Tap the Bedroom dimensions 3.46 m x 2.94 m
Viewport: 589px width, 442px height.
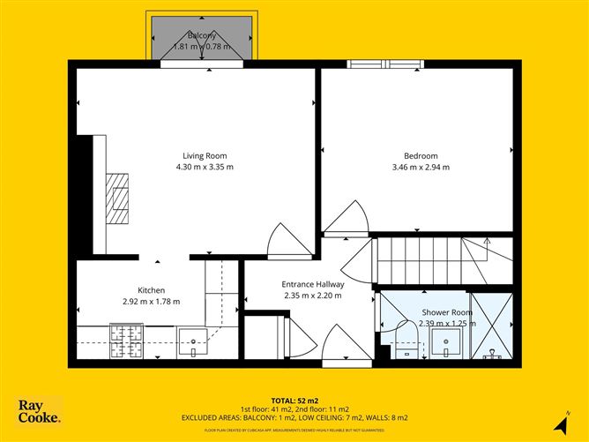coord(421,167)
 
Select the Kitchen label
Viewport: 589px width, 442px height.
coord(151,290)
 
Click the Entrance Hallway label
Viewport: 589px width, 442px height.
coord(312,285)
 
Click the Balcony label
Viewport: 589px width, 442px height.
coord(202,35)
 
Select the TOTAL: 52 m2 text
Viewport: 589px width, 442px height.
coord(294,400)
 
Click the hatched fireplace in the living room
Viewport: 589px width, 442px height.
coord(117,198)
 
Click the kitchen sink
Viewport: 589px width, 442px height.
coord(193,341)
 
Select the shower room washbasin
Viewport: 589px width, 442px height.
coord(450,343)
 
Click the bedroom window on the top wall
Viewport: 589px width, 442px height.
coord(384,64)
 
